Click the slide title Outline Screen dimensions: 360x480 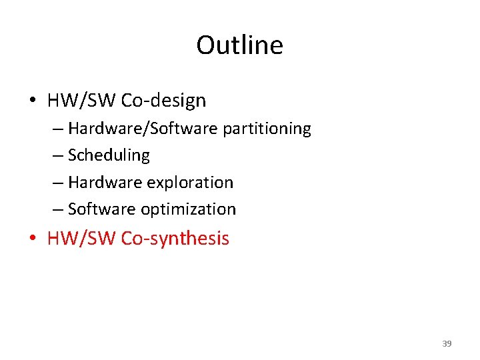click(239, 45)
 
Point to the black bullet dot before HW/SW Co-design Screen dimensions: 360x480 click(33, 101)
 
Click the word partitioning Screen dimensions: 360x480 click(267, 129)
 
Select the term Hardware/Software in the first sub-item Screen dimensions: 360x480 click(143, 128)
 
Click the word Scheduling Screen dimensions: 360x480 click(109, 155)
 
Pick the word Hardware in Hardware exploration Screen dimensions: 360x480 click(101, 182)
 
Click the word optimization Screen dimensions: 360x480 click(188, 209)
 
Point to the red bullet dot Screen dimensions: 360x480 click(33, 239)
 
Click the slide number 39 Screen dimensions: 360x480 click(447, 344)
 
